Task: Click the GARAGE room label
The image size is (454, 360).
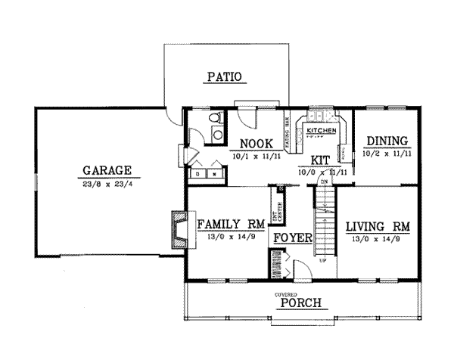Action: pyautogui.click(x=107, y=170)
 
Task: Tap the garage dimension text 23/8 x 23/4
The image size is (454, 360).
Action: pyautogui.click(x=107, y=182)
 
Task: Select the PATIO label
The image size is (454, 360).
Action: pyautogui.click(x=224, y=76)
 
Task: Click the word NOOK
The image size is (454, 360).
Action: pyautogui.click(x=257, y=144)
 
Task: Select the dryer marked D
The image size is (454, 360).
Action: pyautogui.click(x=198, y=174)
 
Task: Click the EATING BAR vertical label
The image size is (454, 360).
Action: pyautogui.click(x=288, y=132)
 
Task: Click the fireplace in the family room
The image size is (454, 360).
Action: pyautogui.click(x=178, y=228)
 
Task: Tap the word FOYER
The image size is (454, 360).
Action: pyautogui.click(x=294, y=238)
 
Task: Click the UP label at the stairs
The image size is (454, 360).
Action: pyautogui.click(x=323, y=260)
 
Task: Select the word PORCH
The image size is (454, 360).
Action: pyautogui.click(x=301, y=303)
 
